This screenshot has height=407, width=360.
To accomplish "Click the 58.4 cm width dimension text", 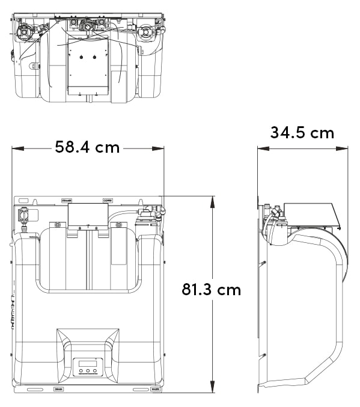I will (87, 147).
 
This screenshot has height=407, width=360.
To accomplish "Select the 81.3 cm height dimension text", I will (211, 290).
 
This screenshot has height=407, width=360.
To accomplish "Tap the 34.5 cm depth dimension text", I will (302, 132).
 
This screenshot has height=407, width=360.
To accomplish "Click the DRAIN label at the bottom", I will (59, 390).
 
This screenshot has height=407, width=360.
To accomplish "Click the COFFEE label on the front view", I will (108, 200).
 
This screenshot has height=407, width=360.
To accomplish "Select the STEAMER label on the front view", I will (67, 200).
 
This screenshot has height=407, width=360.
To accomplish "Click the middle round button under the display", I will (88, 372).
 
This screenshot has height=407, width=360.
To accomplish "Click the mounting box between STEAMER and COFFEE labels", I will (88, 215).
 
